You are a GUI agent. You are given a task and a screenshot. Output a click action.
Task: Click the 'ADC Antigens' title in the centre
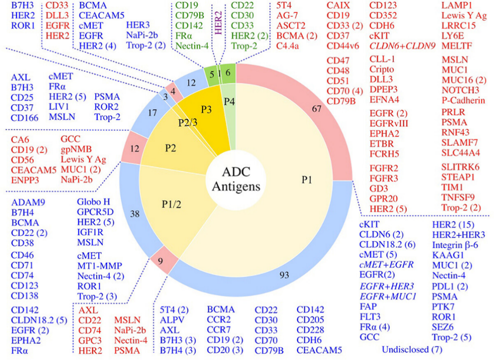coord(236,180)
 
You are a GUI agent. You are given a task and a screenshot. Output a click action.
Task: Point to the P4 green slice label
coord(230,102)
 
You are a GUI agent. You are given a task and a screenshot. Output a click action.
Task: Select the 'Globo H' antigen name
coord(93,202)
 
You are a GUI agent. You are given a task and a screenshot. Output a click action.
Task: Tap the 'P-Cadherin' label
coord(463,100)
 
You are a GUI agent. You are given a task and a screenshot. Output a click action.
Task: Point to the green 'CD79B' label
coord(188,14)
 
